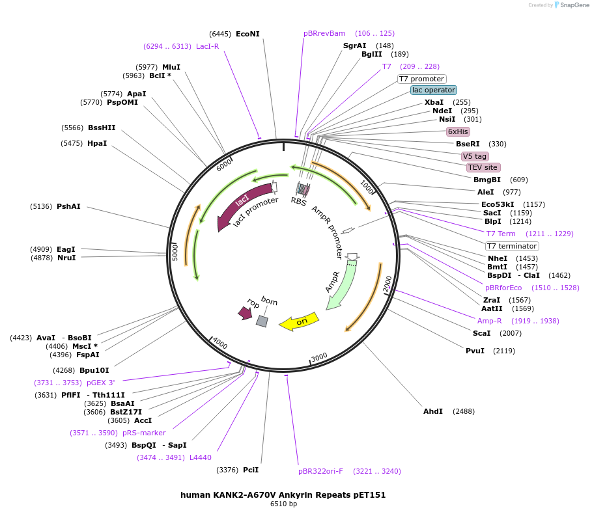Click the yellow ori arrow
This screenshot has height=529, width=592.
299,321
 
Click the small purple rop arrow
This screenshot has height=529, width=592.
246,313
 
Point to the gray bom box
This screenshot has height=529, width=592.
262,321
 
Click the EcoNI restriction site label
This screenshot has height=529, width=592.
247,34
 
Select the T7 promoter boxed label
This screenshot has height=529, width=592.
421,79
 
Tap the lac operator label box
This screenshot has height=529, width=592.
433,90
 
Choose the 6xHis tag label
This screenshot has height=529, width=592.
458,131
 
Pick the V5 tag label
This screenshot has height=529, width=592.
475,156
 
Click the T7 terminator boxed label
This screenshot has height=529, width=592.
512,246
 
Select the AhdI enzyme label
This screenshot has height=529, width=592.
433,411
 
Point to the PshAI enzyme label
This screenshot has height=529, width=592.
68,206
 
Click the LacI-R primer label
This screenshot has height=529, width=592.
208,46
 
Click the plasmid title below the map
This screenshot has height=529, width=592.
283,495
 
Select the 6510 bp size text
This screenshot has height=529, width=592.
283,504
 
